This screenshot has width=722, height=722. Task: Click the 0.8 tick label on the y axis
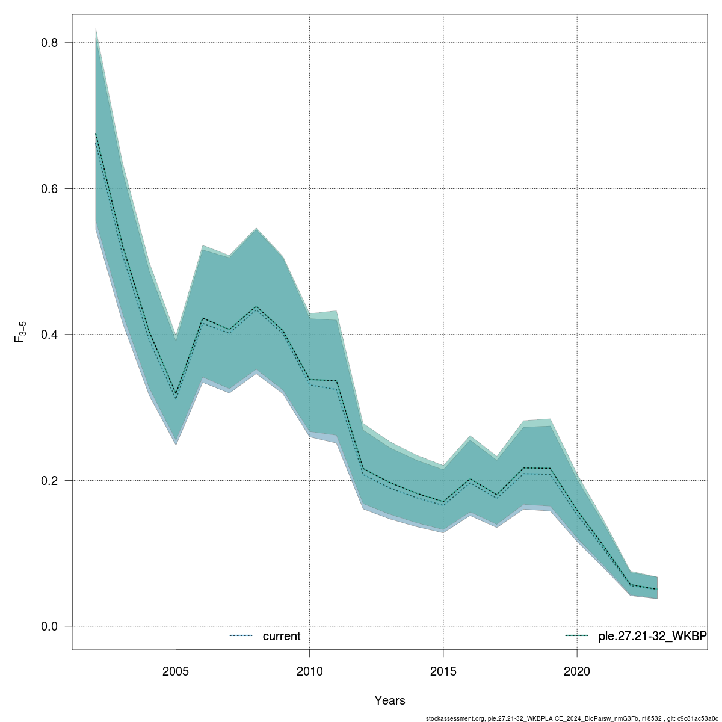coord(49,43)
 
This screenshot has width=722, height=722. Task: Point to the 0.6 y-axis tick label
coord(49,188)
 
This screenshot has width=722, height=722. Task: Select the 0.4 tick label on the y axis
coord(49,335)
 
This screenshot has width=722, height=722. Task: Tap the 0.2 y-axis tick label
coord(49,480)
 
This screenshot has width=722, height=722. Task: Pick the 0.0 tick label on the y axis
coord(49,626)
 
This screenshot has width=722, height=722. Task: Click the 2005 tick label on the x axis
coord(176,671)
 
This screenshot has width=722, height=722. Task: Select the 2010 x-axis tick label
coord(309,671)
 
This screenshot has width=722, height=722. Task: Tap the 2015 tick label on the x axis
coord(443,671)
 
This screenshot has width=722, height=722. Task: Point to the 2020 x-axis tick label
coord(577,671)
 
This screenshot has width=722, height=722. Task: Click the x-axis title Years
coord(390,700)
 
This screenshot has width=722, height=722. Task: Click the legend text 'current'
coord(282,636)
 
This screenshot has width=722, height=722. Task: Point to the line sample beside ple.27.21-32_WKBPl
coord(576,636)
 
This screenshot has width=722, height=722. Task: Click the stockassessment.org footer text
coord(572,718)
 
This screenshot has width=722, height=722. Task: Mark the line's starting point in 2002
coord(96,134)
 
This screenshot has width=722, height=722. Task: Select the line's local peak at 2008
coord(256,307)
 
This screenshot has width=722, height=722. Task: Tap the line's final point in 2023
coord(658,589)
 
